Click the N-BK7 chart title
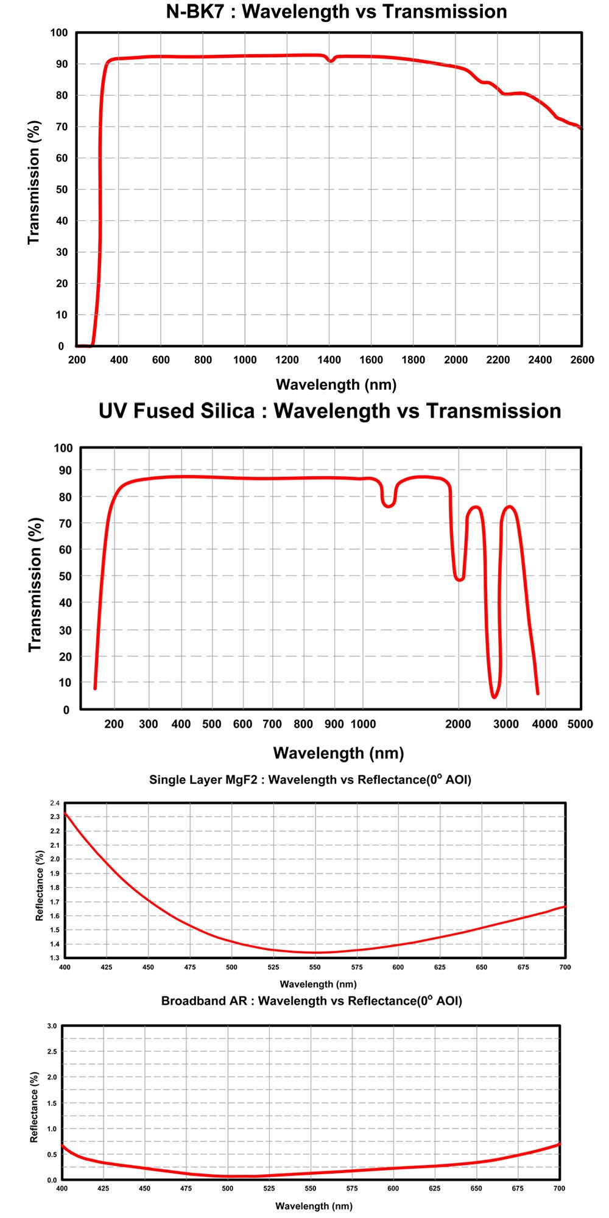[x=336, y=12]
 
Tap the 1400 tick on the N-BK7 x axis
[x=329, y=360]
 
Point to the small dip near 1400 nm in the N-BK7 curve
[x=331, y=61]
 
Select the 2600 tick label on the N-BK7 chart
[x=582, y=360]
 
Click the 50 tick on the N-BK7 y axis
[x=62, y=189]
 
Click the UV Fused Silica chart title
[x=329, y=411]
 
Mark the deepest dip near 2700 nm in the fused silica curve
[x=494, y=696]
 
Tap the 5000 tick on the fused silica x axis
[x=580, y=724]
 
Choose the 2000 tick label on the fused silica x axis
[x=458, y=724]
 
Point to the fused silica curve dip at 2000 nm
[x=459, y=579]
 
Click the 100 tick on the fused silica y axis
[x=63, y=448]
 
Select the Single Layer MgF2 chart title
[x=310, y=780]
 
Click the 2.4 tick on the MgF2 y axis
[x=55, y=803]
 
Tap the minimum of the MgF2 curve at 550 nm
[x=315, y=952]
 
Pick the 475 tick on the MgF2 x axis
[x=189, y=967]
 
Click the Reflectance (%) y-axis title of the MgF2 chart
[x=40, y=885]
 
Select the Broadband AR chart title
[x=311, y=1001]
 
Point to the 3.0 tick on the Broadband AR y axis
[x=52, y=1026]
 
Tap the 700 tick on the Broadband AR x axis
[x=558, y=1188]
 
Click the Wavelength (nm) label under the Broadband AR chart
[x=314, y=1206]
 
